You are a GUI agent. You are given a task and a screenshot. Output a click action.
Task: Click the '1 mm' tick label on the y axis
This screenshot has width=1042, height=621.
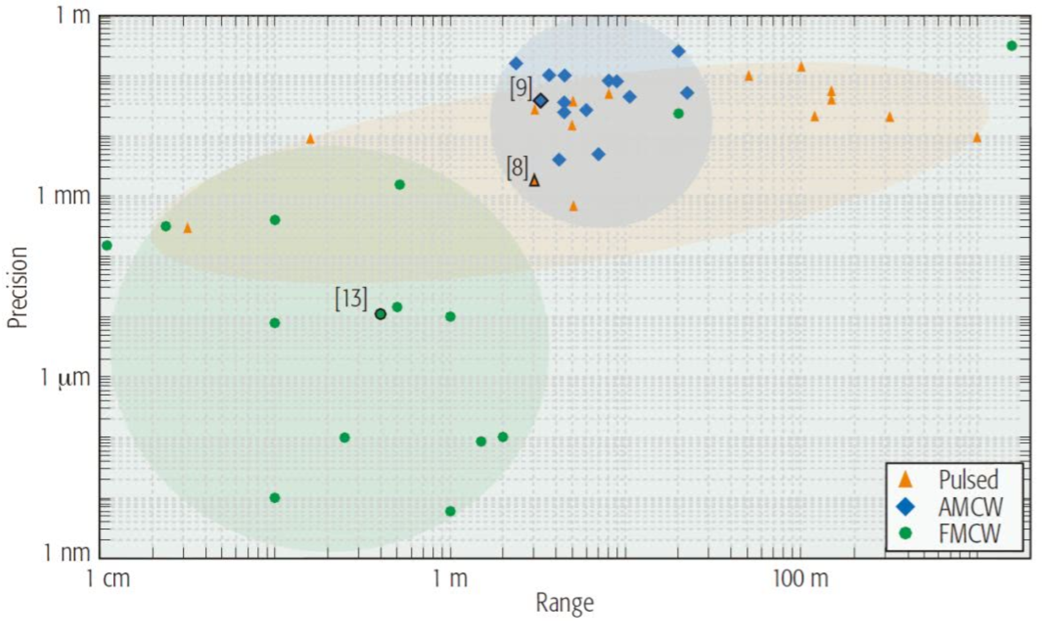[64, 196]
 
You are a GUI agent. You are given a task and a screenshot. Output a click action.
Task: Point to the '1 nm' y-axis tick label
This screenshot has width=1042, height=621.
[67, 552]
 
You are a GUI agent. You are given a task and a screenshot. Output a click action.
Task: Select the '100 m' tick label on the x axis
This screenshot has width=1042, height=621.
[800, 579]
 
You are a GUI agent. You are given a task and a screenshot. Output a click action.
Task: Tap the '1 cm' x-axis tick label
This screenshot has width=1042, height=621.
[108, 579]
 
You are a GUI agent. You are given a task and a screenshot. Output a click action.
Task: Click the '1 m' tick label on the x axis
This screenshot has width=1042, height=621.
[450, 579]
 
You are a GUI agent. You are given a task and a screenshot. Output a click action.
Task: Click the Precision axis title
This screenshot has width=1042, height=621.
[18, 287]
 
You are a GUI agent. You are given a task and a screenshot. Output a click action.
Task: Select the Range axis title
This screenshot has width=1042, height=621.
[565, 603]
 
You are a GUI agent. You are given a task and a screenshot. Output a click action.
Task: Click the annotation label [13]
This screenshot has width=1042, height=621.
[351, 299]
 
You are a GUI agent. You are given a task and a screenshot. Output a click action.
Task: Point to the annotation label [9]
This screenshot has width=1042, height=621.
[520, 88]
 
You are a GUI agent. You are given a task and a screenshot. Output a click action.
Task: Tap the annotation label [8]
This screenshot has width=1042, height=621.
[518, 168]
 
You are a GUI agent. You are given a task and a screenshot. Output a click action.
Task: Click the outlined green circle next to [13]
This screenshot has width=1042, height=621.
[381, 314]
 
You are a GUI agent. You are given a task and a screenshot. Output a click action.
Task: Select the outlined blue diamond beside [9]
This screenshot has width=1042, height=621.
[541, 101]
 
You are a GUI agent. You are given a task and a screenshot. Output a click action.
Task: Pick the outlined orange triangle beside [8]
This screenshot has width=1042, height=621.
[534, 181]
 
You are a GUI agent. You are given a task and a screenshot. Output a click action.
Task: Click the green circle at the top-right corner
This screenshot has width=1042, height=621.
[1011, 45]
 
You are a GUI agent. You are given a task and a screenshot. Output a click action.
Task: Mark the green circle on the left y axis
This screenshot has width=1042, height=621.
[106, 246]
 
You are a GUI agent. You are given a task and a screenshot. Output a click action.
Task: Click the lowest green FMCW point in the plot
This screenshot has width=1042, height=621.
[450, 511]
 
